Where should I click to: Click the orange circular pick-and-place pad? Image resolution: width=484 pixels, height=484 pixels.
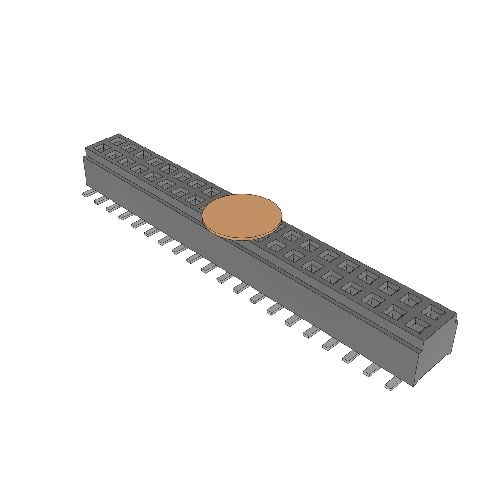(x=242, y=214)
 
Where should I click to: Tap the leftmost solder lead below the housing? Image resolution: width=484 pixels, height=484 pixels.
(x=88, y=193)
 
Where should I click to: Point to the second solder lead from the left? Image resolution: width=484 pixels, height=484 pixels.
(x=100, y=201)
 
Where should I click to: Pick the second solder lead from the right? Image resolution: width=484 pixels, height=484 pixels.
(x=371, y=370)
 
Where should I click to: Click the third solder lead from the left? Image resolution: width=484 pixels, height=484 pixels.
(x=112, y=208)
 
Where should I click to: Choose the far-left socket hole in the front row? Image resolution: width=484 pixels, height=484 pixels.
(x=101, y=148)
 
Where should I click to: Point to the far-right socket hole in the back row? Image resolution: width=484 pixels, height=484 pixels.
(x=433, y=311)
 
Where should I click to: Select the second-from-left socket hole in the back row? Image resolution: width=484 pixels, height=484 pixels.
(x=130, y=148)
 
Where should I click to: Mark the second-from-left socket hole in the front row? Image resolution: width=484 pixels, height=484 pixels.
(x=114, y=155)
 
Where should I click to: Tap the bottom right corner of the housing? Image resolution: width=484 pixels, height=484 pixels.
(x=415, y=385)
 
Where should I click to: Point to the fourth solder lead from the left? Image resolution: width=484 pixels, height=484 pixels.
(x=125, y=216)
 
